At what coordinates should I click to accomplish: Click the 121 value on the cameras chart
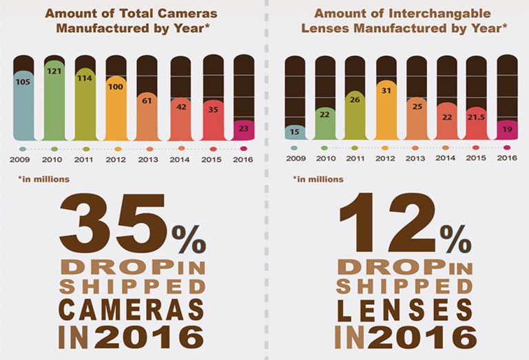pos(54,72)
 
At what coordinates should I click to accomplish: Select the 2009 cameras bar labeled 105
pos(23,103)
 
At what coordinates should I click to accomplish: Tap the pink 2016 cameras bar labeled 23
pos(244,130)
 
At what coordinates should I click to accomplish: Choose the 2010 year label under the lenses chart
pos(324,159)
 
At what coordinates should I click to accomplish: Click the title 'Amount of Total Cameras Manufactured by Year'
pos(132,20)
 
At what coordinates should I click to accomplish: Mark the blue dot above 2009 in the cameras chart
pos(23,148)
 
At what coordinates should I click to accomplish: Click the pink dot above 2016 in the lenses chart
pos(507,147)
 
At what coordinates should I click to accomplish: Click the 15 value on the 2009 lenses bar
pos(295,131)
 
